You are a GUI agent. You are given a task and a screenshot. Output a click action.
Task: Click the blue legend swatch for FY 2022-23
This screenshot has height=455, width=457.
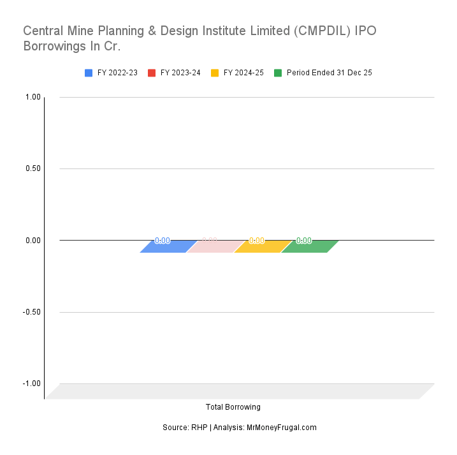pos(89,73)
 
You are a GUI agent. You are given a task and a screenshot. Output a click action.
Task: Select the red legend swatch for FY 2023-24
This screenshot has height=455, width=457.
pos(152,73)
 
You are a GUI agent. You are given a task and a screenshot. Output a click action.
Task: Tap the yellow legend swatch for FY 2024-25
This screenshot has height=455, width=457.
pos(215,73)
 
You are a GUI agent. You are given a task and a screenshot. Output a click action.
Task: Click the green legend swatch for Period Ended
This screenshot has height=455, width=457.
pos(278,73)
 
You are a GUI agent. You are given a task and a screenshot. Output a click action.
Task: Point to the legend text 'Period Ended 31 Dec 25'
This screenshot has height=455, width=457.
pos(329,73)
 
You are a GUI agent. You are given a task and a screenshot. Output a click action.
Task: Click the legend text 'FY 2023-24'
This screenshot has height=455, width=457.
pos(180,73)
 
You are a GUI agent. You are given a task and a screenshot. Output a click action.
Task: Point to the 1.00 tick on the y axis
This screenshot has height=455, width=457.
pos(33,97)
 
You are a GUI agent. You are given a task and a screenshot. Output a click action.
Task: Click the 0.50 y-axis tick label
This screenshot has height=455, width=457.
pos(33,168)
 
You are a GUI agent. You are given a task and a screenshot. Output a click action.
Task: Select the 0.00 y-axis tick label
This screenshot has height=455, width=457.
pos(33,241)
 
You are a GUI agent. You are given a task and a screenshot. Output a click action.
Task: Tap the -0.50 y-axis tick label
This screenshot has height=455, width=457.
pos(32,312)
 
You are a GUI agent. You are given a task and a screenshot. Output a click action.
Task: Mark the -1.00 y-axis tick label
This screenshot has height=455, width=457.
pos(32,384)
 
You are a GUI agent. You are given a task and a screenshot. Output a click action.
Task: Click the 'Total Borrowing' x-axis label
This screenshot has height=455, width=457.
pos(233,407)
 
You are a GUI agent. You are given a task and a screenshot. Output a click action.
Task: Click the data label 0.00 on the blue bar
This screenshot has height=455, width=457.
pos(163,241)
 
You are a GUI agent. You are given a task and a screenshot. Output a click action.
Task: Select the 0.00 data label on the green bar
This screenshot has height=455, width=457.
pos(304,241)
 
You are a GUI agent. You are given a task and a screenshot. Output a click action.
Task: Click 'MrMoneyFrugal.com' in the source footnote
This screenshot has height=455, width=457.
pos(281,428)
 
